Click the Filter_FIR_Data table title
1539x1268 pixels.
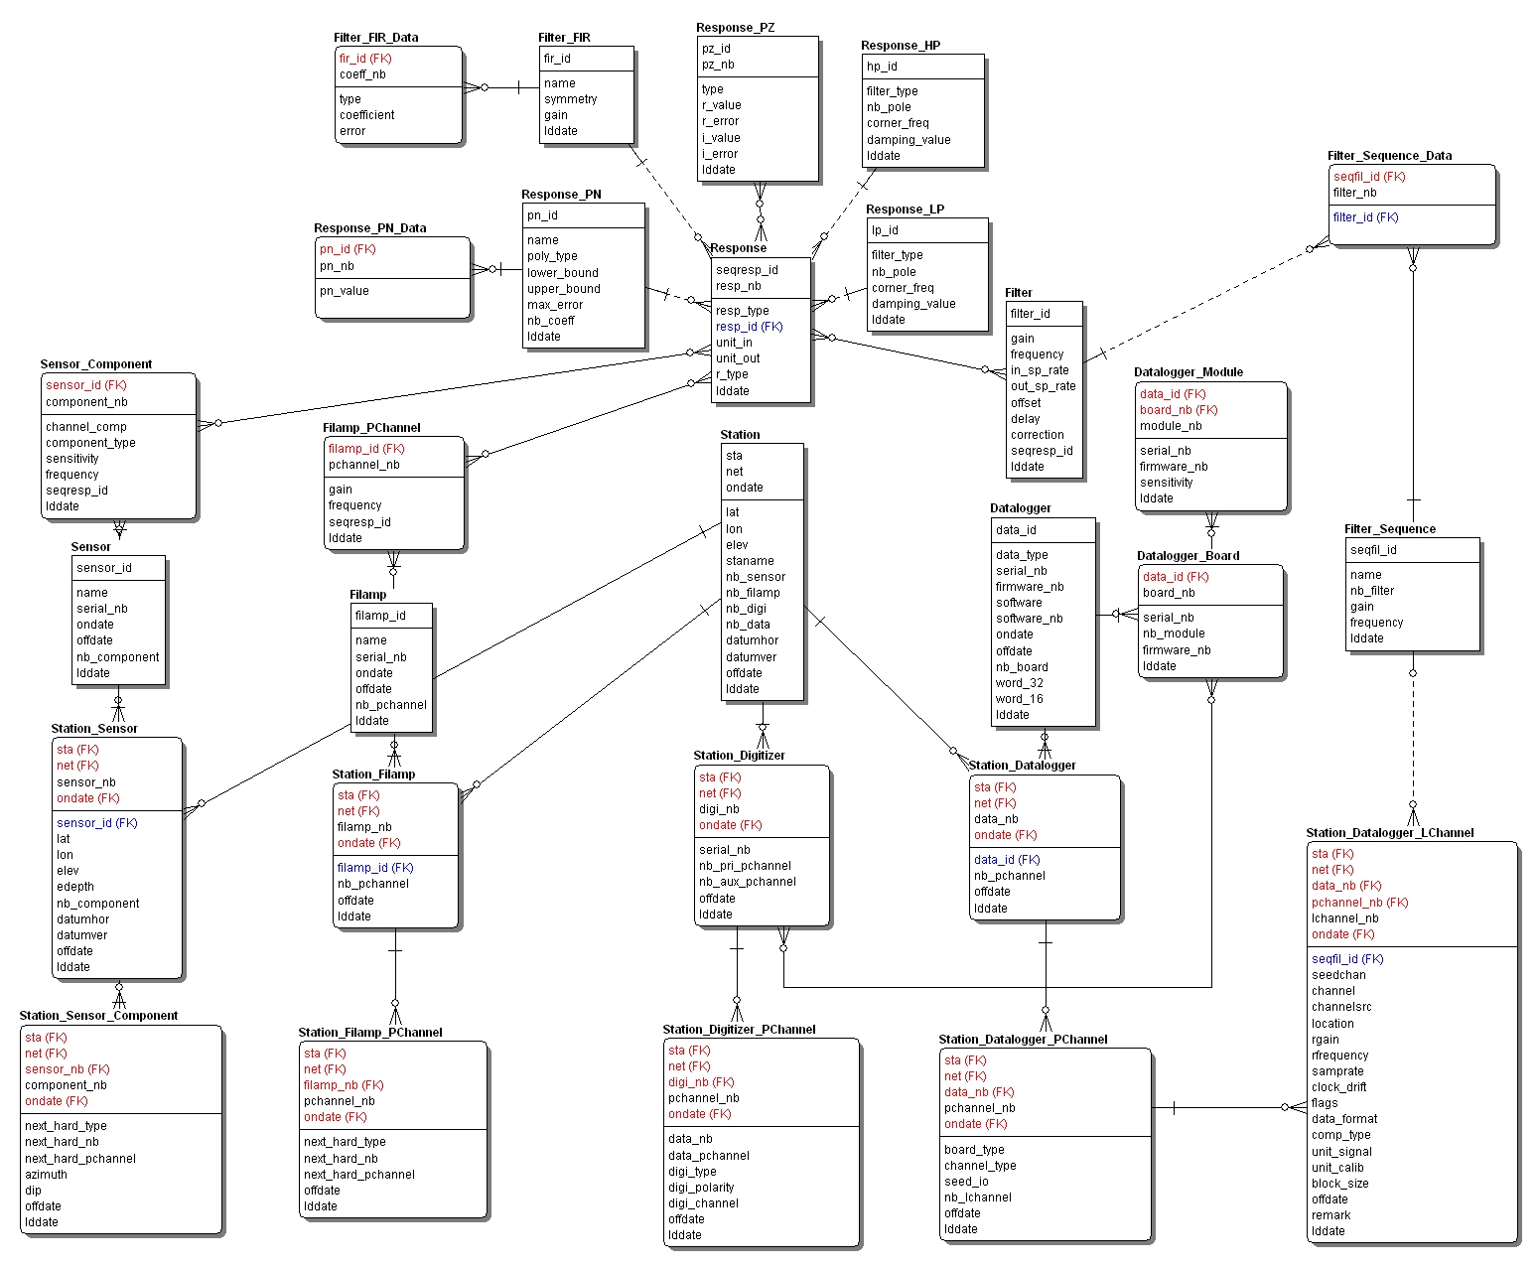(376, 38)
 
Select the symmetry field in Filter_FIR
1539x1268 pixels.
(570, 99)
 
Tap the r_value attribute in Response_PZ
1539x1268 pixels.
(721, 105)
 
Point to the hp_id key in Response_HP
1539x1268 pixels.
(882, 67)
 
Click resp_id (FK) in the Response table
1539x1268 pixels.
(749, 327)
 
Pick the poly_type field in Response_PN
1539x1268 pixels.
(552, 256)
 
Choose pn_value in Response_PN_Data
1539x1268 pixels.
(344, 291)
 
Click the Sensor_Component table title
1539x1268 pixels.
(96, 364)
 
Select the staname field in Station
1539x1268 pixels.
(750, 561)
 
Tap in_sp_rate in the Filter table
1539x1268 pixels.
(1040, 370)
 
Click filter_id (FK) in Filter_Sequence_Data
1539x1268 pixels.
(1365, 217)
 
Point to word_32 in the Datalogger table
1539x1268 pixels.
(1019, 683)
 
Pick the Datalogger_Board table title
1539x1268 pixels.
(1188, 556)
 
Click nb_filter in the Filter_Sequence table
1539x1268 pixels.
(1371, 591)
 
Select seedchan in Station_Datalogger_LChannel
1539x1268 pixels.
(1338, 975)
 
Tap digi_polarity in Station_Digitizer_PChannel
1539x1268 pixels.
(701, 1188)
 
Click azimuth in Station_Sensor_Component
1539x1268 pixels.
(46, 1175)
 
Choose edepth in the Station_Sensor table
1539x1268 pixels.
(75, 887)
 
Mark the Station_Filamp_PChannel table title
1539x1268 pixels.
(370, 1033)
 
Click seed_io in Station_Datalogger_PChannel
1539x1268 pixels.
(966, 1182)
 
